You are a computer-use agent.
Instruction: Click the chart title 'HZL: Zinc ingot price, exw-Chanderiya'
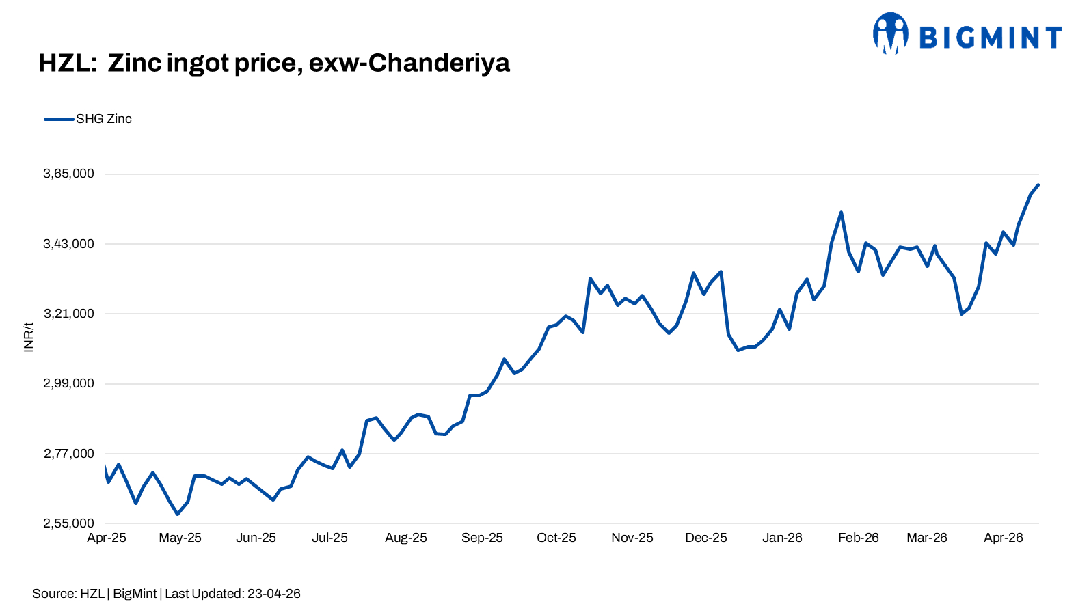[x=274, y=64]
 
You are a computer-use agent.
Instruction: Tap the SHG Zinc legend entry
[x=88, y=119]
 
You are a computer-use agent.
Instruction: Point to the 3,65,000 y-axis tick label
[x=68, y=174]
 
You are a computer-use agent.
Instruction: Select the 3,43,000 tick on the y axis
[x=68, y=244]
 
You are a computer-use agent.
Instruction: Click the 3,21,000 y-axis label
[x=68, y=314]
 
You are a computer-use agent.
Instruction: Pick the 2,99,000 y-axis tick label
[x=68, y=383]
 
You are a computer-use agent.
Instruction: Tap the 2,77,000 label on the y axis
[x=68, y=454]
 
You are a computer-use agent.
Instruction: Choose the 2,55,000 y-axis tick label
[x=68, y=523]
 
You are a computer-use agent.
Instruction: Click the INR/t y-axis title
[x=29, y=338]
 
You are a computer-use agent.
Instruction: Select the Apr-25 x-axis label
[x=106, y=538]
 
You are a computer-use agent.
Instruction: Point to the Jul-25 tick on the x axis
[x=329, y=538]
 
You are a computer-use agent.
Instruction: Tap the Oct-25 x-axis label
[x=556, y=538]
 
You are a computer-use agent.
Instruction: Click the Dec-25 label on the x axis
[x=706, y=538]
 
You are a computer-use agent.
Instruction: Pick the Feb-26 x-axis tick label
[x=859, y=538]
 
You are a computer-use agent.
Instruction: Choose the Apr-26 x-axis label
[x=1004, y=538]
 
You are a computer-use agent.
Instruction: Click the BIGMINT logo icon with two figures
[x=891, y=33]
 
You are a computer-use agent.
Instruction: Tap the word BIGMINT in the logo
[x=990, y=38]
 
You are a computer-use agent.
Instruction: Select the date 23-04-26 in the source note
[x=274, y=594]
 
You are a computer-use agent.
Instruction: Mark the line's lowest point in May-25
[x=178, y=514]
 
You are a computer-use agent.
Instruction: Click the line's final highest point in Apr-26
[x=1038, y=184]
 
